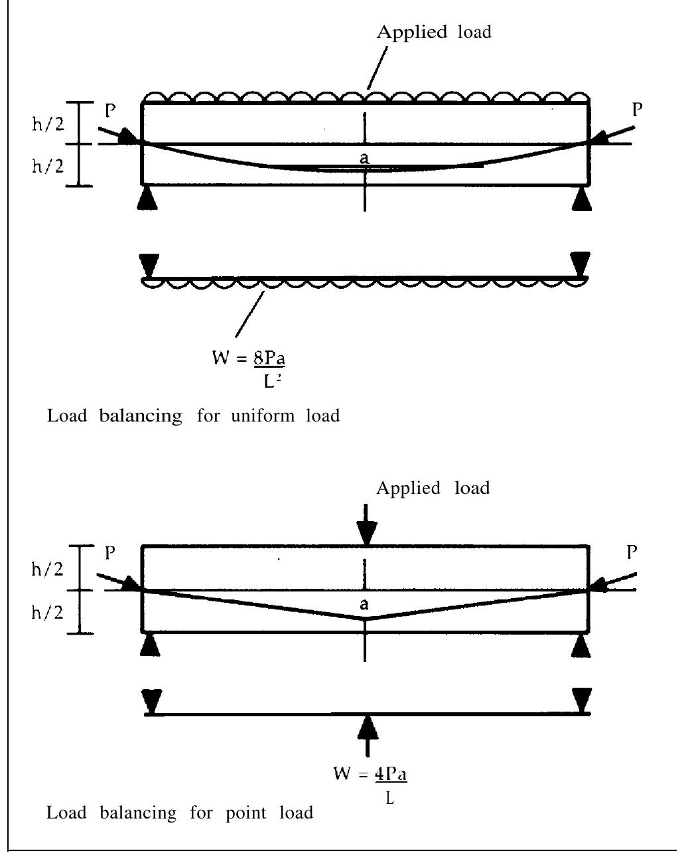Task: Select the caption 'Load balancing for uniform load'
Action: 193,416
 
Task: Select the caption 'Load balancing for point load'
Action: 180,813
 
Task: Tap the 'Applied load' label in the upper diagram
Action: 434,33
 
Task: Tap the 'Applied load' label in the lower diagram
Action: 433,489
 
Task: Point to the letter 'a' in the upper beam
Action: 364,158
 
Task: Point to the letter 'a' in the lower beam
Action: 364,604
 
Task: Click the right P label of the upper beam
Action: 637,110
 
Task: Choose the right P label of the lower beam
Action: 633,551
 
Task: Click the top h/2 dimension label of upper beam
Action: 48,123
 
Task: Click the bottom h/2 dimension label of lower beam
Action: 48,612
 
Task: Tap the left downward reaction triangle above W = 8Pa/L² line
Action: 150,264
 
